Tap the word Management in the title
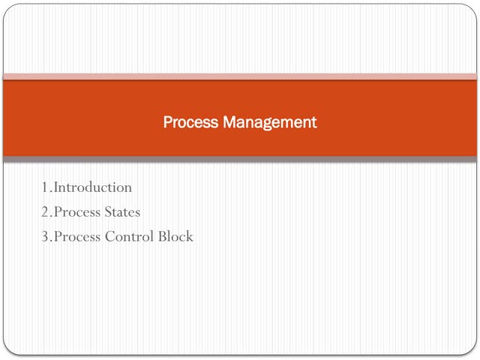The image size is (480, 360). point(270,121)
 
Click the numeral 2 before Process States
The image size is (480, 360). point(46,212)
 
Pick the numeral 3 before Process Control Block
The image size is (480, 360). point(46,237)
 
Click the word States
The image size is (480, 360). point(121,212)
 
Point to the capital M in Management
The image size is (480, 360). point(229,121)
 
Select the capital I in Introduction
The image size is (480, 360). point(55,187)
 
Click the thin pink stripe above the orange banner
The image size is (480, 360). point(240,76)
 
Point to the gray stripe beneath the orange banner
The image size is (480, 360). point(240,159)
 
